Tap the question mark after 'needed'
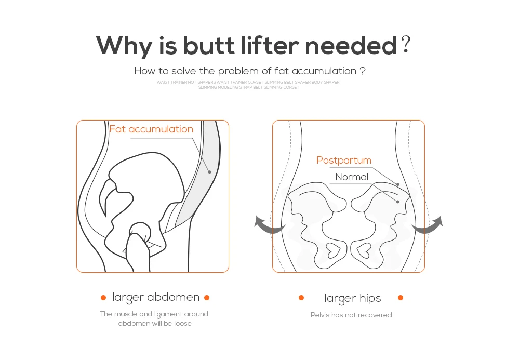[x=406, y=46]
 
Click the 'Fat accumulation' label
[x=151, y=129]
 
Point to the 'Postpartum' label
[x=344, y=161]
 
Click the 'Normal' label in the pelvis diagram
[x=352, y=177]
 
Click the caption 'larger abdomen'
[x=156, y=297]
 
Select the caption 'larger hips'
[x=353, y=298]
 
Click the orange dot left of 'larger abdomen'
[x=103, y=298]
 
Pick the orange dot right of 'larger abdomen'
[x=207, y=298]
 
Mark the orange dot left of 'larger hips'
[x=301, y=298]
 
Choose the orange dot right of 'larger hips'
[x=401, y=298]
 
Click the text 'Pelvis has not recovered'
[x=351, y=315]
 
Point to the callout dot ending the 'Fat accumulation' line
[x=209, y=171]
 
